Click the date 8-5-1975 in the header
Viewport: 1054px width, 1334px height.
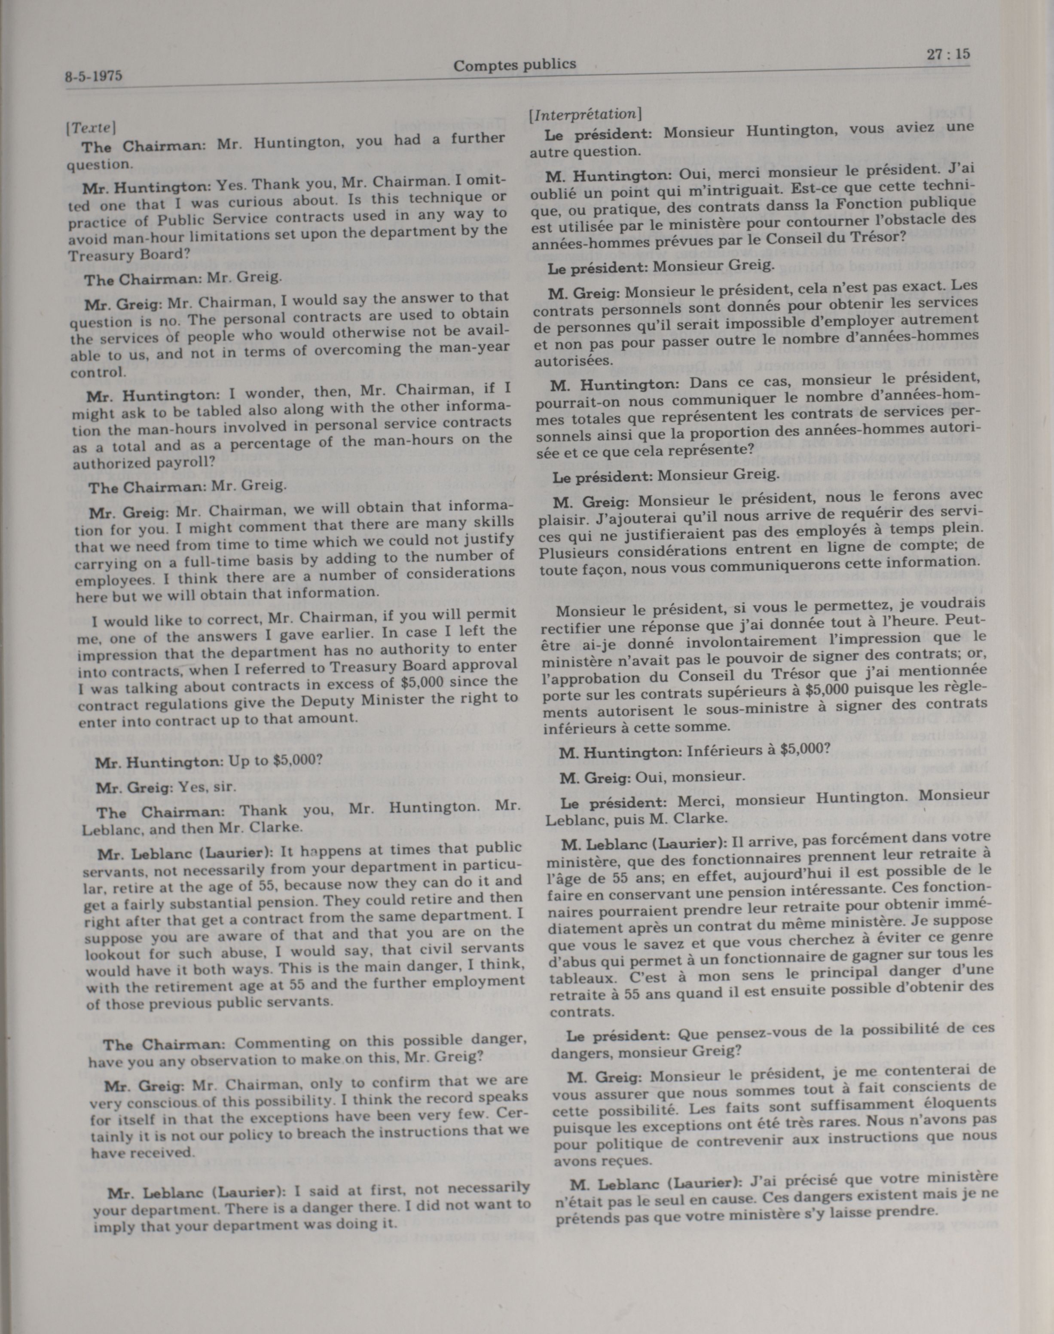(93, 76)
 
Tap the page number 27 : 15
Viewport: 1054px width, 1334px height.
(947, 54)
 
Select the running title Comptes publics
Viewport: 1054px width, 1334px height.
(515, 64)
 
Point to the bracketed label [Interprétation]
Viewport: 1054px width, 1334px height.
(586, 114)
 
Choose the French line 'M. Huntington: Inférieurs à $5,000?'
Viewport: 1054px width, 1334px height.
(694, 751)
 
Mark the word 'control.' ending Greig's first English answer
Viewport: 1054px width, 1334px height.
(107, 373)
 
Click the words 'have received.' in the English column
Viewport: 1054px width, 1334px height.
(143, 1153)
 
